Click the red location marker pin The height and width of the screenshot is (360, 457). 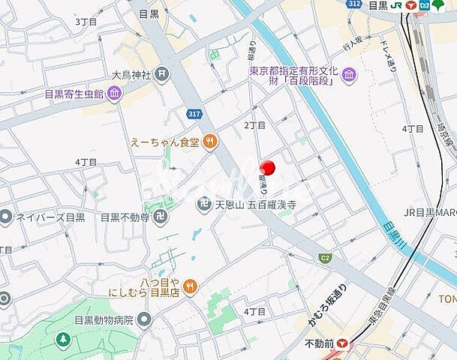pos(267,168)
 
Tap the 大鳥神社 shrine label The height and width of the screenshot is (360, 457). pos(132,74)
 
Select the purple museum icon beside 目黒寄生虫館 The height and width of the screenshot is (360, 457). pos(114,94)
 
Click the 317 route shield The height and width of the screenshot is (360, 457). pos(194,112)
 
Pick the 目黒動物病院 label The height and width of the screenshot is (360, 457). pos(93,319)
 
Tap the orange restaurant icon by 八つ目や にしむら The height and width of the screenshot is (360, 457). pos(191,285)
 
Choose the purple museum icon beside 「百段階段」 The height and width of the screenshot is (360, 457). pos(348,75)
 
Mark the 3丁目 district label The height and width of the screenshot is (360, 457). pos(86,22)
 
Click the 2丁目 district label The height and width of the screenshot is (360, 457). pos(254,124)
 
